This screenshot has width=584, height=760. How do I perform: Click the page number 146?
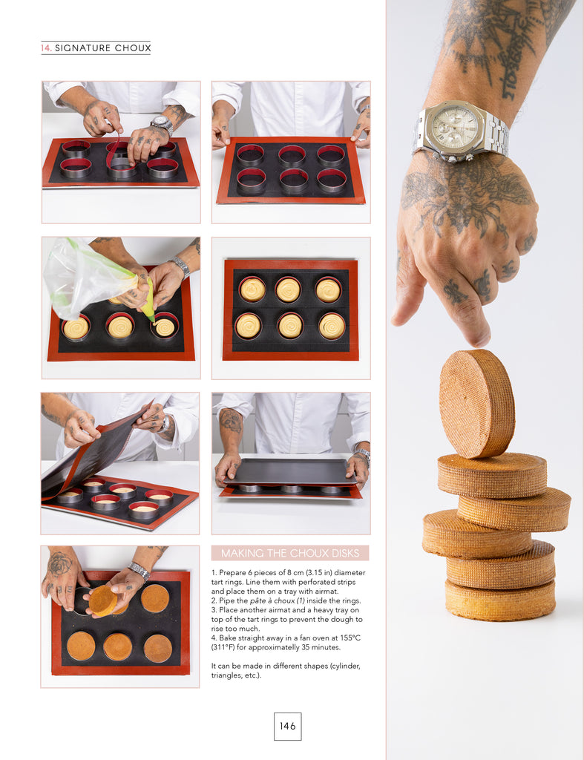287,726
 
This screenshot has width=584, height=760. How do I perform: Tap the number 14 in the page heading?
45,47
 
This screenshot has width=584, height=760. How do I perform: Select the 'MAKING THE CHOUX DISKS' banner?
290,553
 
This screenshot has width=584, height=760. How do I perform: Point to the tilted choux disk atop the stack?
476,403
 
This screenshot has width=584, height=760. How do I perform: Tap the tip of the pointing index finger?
480,341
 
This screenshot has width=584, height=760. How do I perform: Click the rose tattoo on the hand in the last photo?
59,565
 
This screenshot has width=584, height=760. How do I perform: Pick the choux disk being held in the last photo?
102,601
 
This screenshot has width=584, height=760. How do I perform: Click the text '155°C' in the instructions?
350,638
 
